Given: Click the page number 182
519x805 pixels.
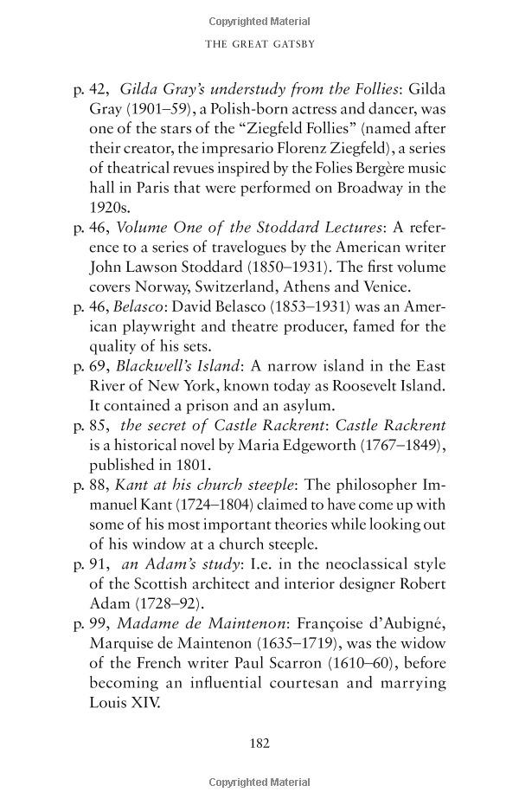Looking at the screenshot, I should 259,742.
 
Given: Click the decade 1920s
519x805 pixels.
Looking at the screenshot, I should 111,208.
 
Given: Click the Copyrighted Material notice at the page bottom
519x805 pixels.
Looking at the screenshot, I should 259,783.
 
